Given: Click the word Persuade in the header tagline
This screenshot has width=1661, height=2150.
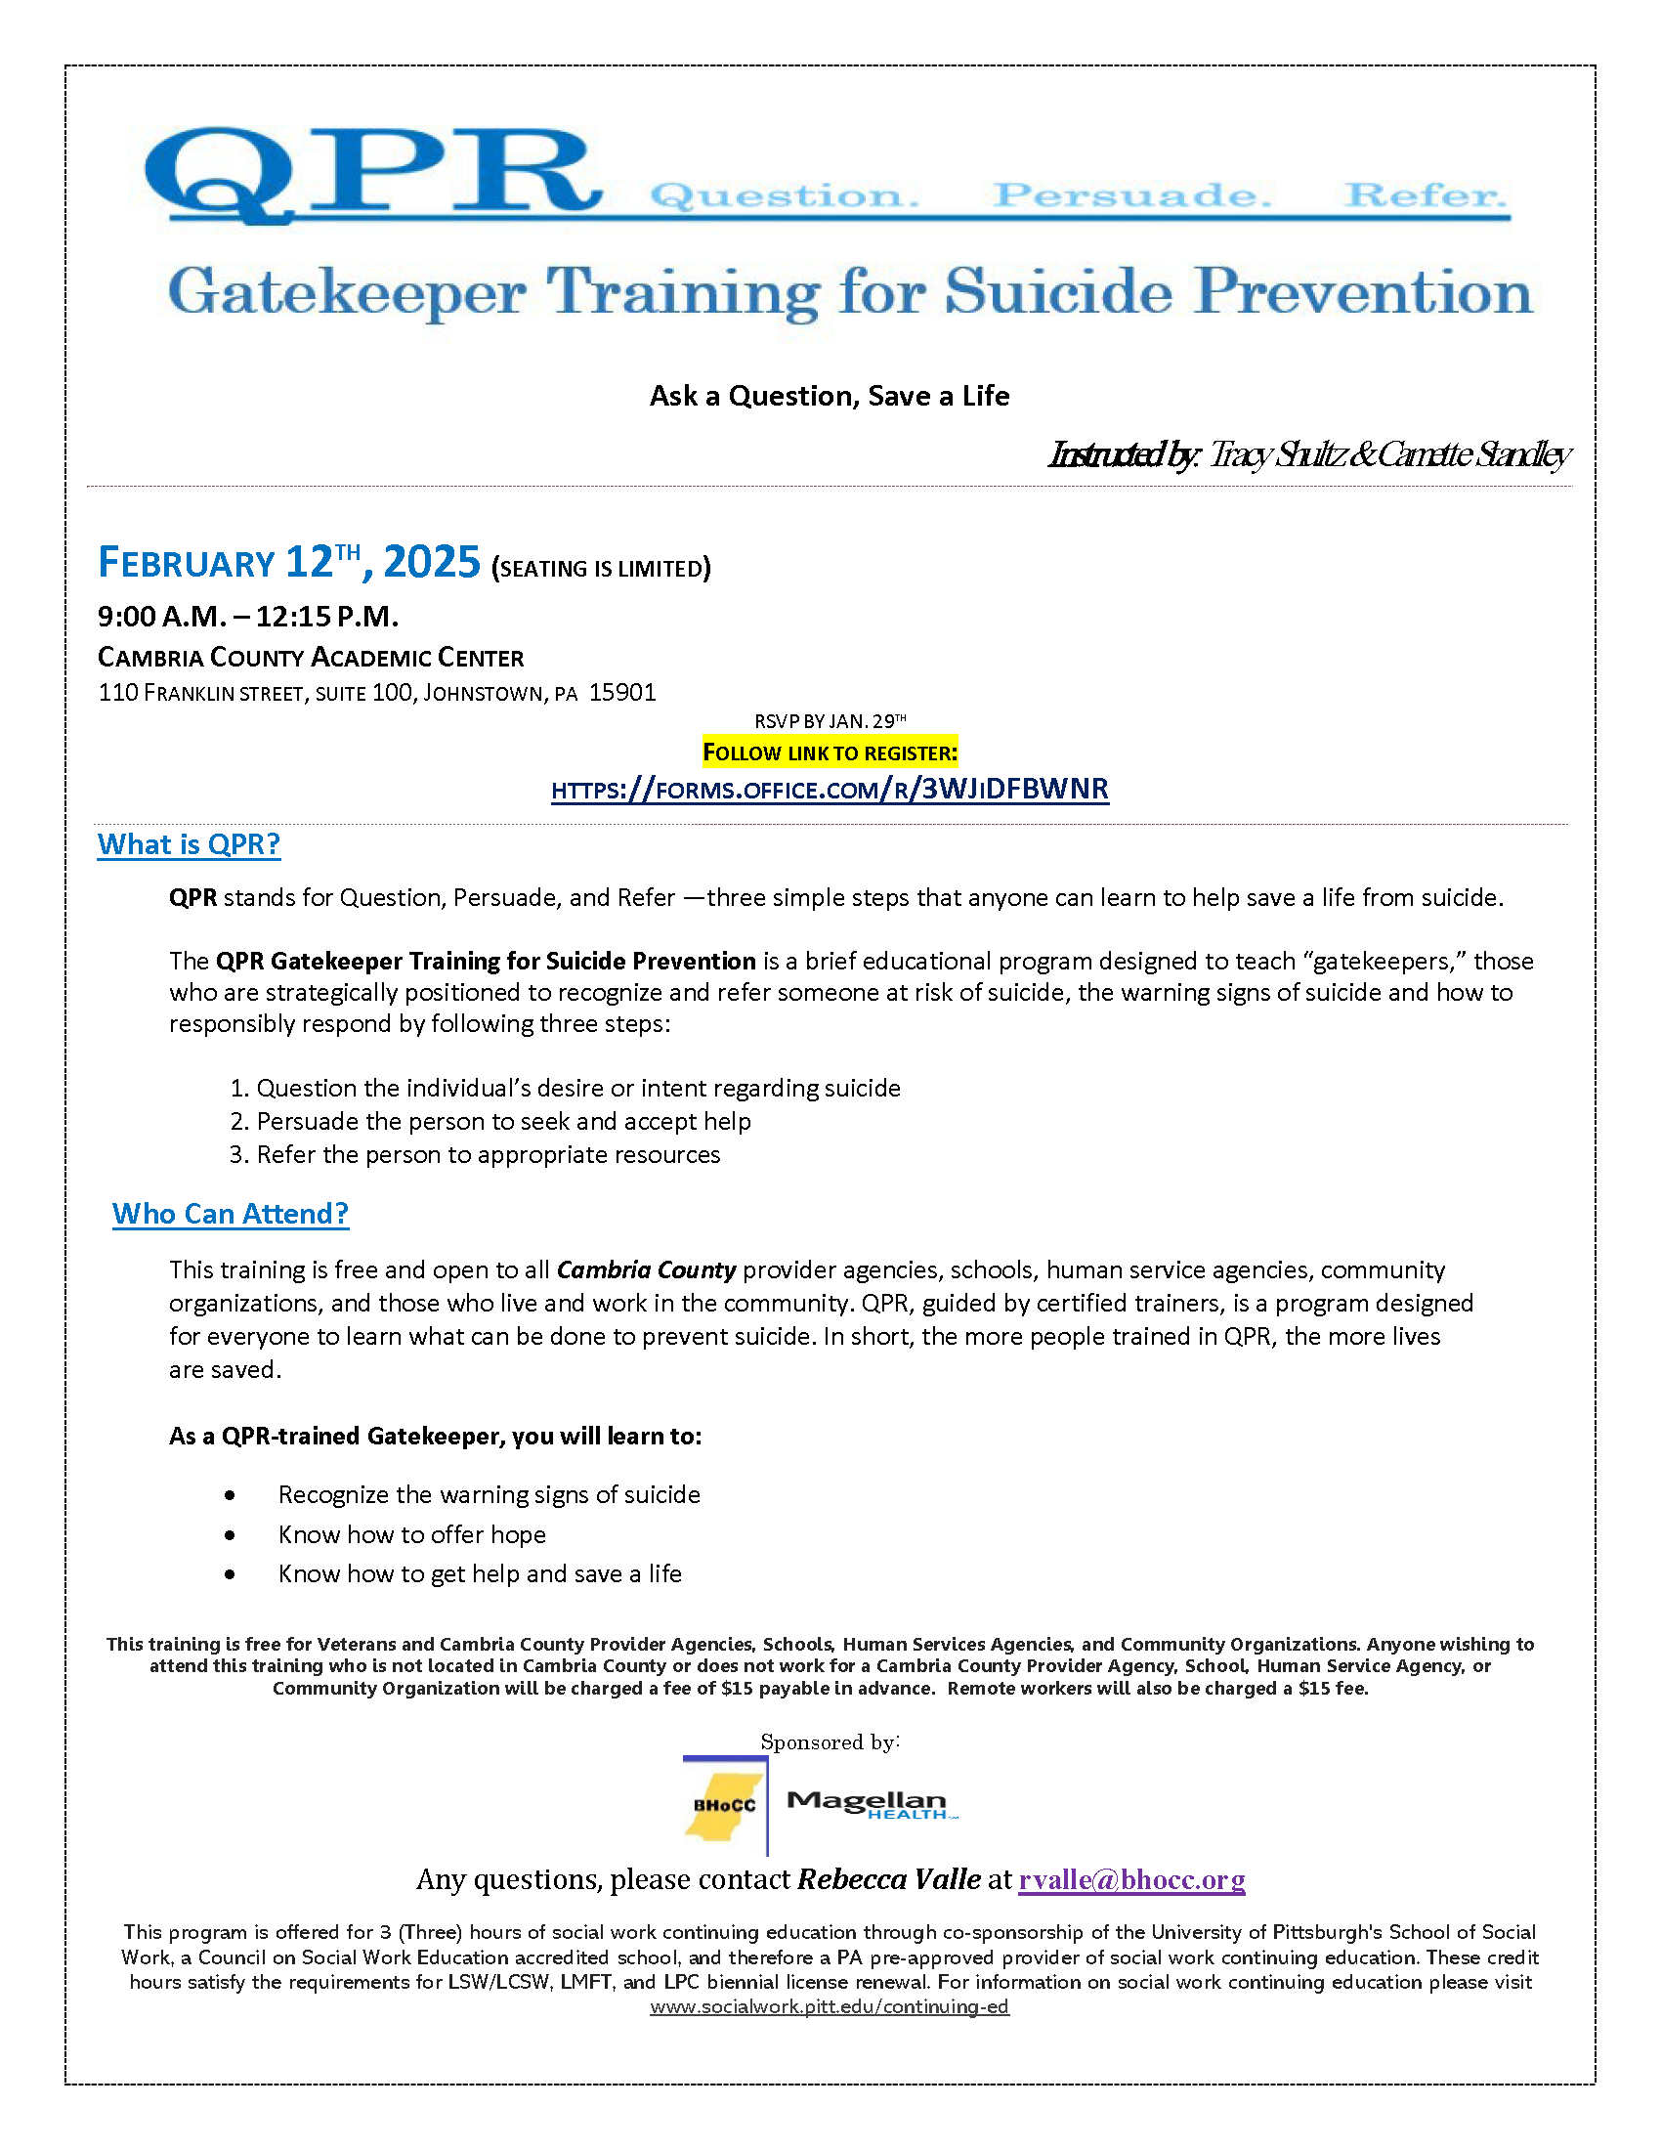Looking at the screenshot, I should tap(1130, 194).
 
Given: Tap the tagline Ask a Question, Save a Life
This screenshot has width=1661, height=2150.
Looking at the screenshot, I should tap(830, 396).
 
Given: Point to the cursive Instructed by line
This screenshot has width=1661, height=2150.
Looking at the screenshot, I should tap(1307, 454).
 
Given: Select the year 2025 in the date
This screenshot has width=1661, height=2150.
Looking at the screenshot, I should tap(431, 562).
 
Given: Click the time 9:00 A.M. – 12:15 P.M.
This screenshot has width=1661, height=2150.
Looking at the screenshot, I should tap(248, 617).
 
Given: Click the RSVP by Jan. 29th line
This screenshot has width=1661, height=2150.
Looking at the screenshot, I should tap(830, 720).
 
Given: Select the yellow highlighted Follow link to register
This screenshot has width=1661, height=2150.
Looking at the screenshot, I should tap(830, 753).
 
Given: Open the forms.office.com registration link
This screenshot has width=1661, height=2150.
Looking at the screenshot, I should tap(830, 790).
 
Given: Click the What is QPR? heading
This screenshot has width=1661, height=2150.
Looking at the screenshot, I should tap(189, 844).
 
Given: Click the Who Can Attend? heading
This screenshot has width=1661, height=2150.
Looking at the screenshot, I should tap(231, 1214).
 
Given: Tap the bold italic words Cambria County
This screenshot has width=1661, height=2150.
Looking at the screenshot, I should tap(647, 1269).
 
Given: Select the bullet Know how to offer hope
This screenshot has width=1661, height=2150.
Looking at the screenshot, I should tap(411, 1534).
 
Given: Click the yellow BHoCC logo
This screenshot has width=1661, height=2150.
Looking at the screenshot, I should tap(725, 1805).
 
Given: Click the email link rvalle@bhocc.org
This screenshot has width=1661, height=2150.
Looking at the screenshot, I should tap(1131, 1880).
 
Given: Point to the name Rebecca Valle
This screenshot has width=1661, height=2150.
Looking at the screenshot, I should tap(888, 1880).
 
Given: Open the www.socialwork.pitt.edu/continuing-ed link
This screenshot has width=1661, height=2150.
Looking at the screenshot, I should tap(830, 2007).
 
